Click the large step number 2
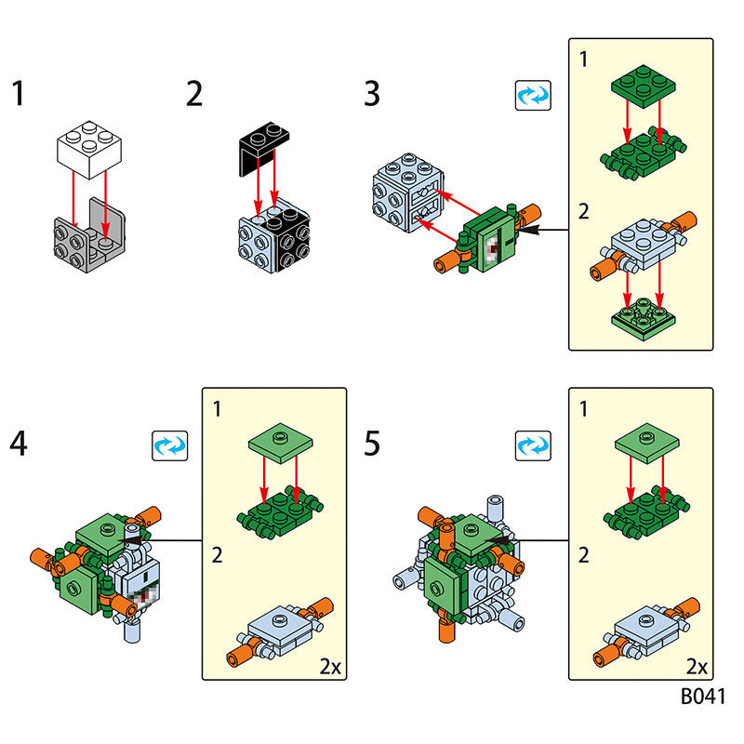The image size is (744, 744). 193,94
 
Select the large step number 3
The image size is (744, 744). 372,94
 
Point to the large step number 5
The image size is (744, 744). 372,444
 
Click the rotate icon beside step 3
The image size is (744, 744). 533,95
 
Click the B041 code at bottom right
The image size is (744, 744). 701,697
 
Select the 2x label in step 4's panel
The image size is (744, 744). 329,667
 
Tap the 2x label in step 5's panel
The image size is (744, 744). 696,667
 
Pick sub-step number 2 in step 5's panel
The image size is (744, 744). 583,556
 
